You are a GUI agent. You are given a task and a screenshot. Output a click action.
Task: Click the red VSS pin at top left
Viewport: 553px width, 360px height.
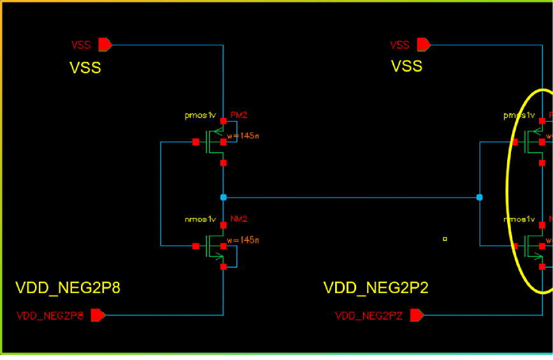[105, 45]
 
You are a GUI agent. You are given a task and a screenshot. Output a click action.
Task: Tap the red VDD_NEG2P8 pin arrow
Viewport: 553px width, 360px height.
[98, 315]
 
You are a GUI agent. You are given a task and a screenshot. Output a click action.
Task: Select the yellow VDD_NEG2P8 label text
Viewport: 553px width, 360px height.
[68, 288]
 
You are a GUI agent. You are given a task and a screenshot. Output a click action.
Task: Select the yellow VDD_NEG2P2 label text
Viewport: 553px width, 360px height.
[376, 288]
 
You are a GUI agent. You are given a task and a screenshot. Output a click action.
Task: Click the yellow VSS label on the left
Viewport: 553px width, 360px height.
[85, 67]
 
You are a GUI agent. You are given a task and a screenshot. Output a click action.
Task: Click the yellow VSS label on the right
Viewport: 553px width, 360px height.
[406, 66]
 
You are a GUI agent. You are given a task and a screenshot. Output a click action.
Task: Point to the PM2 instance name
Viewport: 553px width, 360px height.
[239, 115]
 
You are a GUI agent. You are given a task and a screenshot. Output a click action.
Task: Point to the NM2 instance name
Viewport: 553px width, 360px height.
[239, 219]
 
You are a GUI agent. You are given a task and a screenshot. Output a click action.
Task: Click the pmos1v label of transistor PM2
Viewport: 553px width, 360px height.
[201, 116]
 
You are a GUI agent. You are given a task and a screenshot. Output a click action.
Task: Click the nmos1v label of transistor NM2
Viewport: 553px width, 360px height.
[201, 220]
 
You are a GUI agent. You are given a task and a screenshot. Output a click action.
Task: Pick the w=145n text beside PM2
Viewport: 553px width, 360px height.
[243, 135]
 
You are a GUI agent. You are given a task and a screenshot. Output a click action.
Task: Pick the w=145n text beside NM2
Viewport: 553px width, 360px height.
[243, 240]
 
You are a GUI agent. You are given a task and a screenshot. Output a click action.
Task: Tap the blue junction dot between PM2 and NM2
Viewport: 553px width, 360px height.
[223, 198]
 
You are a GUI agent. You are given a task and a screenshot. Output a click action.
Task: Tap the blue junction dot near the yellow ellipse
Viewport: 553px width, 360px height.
[479, 198]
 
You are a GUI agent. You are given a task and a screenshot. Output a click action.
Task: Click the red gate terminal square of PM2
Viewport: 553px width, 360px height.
[196, 142]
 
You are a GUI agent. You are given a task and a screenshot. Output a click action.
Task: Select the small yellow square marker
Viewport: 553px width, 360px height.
[445, 240]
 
